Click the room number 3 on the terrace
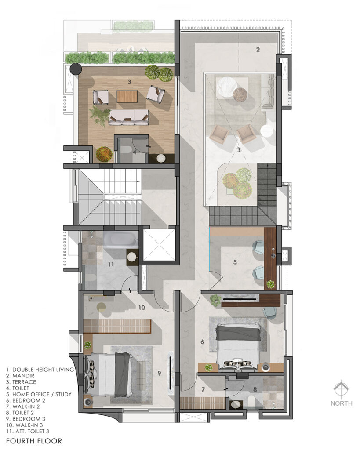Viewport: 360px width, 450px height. pyautogui.click(x=129, y=82)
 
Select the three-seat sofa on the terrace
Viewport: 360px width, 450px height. pyautogui.click(x=129, y=117)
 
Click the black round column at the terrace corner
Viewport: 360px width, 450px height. pyautogui.click(x=76, y=69)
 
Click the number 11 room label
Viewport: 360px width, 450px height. pyautogui.click(x=111, y=264)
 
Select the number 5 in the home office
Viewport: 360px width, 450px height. pyautogui.click(x=235, y=262)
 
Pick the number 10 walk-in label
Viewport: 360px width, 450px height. pyautogui.click(x=142, y=308)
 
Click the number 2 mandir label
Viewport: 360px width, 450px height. pyautogui.click(x=258, y=50)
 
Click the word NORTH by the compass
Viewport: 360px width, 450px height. pyautogui.click(x=342, y=403)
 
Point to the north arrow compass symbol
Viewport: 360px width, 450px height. pyautogui.click(x=341, y=389)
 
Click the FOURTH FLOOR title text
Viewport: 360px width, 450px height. pyautogui.click(x=34, y=441)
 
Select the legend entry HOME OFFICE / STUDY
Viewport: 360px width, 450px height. pyautogui.click(x=42, y=394)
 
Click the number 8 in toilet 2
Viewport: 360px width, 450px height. pyautogui.click(x=255, y=389)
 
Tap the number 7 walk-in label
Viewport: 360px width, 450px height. pyautogui.click(x=203, y=389)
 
